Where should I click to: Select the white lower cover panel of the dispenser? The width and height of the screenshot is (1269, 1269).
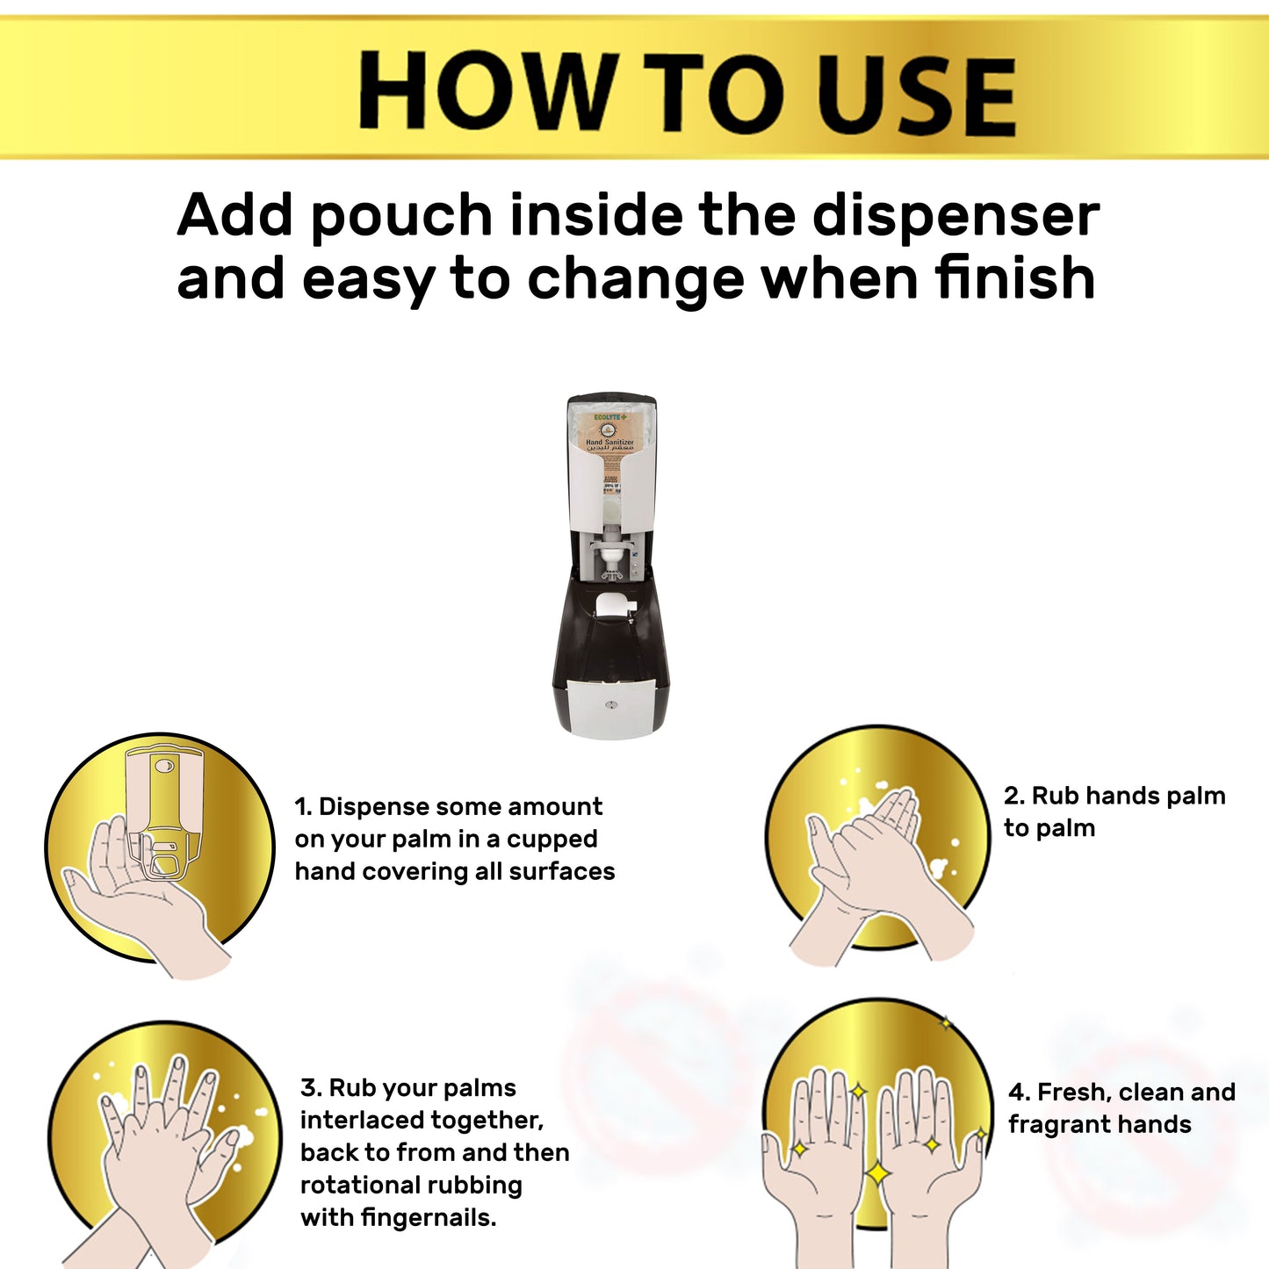coord(611,707)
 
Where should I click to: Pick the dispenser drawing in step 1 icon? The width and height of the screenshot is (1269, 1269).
coord(164,812)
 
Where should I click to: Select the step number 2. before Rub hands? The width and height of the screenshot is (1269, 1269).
coord(1013,797)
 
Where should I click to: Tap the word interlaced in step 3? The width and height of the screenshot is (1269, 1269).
coord(422,1121)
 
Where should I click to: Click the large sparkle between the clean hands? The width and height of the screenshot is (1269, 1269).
coord(877,1172)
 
